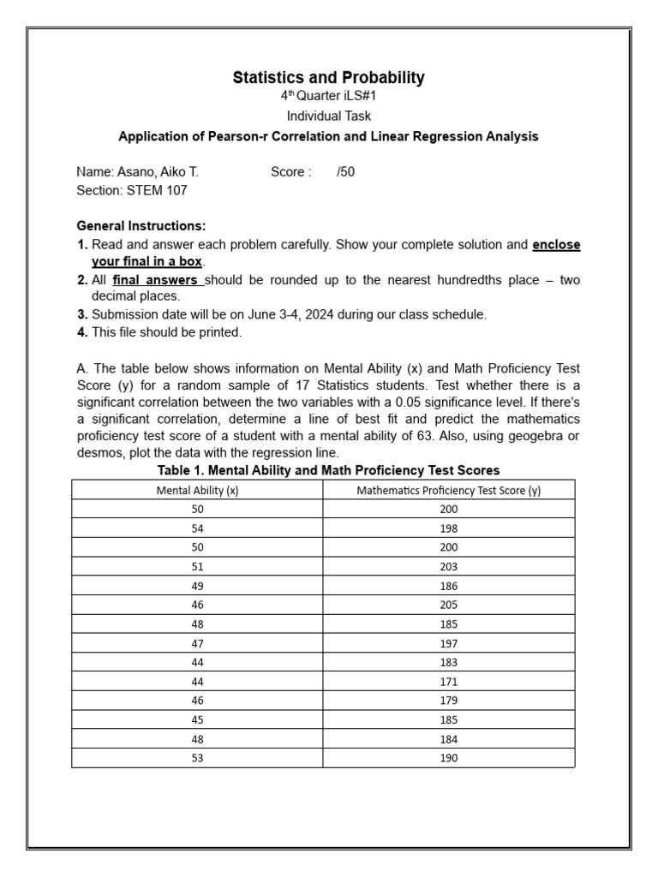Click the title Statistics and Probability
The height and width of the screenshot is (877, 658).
point(329,78)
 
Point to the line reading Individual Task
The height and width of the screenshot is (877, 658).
point(329,116)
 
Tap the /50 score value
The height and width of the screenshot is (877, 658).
point(345,172)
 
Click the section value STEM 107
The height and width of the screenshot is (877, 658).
point(157,190)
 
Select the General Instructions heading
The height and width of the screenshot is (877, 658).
point(141,226)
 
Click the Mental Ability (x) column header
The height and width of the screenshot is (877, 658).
point(197,491)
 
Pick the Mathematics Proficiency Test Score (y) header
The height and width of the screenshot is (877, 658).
point(449,491)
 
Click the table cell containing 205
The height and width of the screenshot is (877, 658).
point(449,605)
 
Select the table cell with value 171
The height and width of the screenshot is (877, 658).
point(449,682)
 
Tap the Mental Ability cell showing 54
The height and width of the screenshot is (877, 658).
point(197,528)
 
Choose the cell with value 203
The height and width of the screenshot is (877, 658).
point(449,567)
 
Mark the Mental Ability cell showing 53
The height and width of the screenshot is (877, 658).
point(197,758)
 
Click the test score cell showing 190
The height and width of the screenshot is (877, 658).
point(449,758)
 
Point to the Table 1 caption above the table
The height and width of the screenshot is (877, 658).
point(329,470)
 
